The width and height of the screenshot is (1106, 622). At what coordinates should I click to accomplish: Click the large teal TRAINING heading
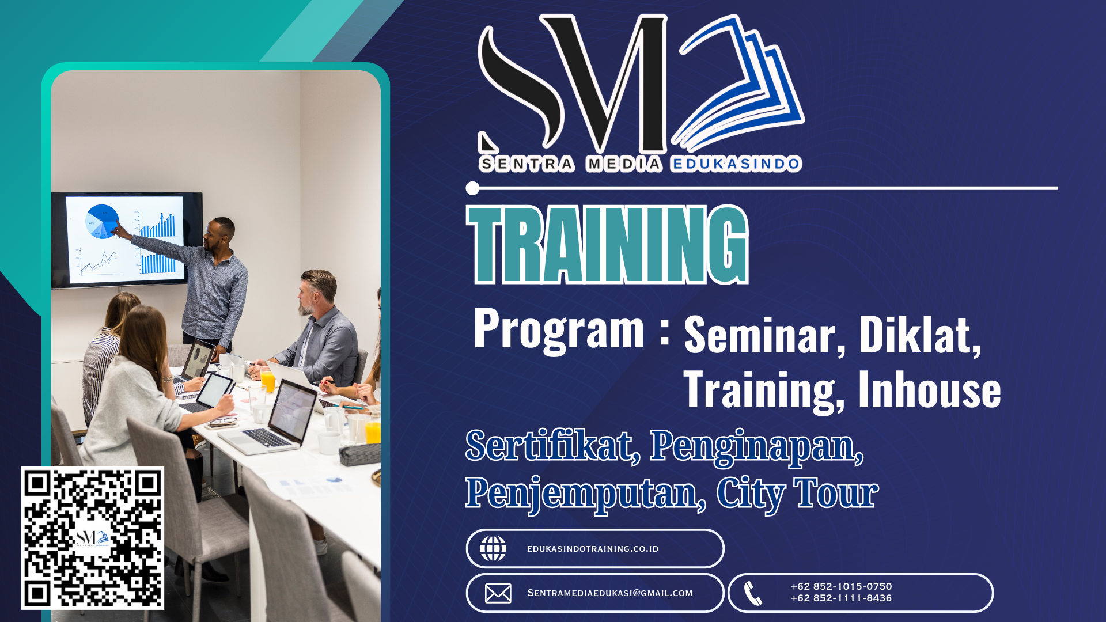(607, 245)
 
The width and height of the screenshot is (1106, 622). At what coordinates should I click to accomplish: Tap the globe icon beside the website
(493, 548)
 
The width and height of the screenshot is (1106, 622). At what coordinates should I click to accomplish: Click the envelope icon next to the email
(498, 593)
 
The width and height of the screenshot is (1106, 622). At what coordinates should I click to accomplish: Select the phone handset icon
(752, 593)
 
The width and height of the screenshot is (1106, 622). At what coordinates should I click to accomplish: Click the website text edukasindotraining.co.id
(593, 549)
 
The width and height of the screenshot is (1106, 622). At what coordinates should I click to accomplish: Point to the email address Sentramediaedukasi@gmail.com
(610, 593)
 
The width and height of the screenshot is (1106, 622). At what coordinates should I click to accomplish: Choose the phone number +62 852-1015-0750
(841, 586)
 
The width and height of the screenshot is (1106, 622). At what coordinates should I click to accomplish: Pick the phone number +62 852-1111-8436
(841, 598)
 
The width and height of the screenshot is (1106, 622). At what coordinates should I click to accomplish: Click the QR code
(93, 538)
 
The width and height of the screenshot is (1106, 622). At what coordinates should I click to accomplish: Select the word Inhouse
(930, 389)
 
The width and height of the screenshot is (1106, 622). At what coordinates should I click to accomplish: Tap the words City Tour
(797, 494)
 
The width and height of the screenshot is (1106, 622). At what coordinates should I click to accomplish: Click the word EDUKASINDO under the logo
(736, 164)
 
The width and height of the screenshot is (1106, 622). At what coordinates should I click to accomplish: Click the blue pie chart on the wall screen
(102, 221)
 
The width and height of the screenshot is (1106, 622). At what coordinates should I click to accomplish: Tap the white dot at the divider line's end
(472, 188)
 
